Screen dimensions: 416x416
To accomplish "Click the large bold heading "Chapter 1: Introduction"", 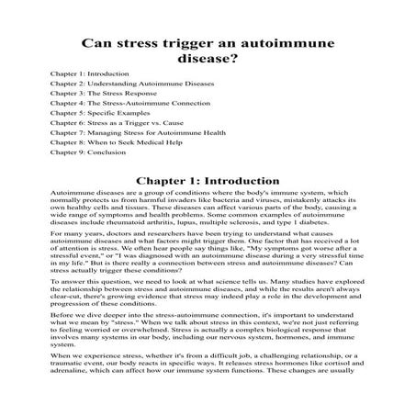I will point(208,181).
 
